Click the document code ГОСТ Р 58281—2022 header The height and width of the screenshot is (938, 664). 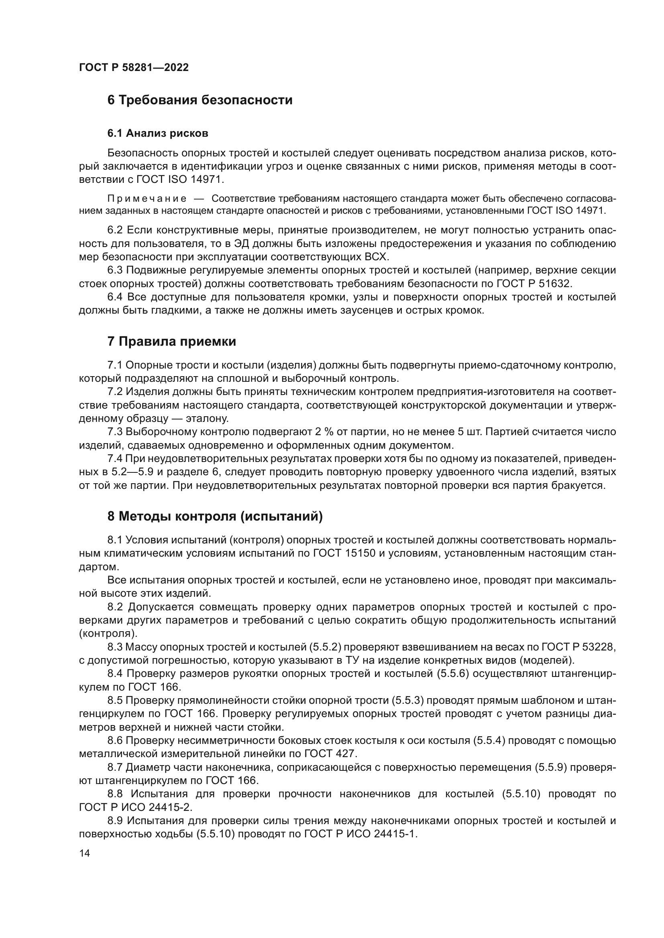[134, 68]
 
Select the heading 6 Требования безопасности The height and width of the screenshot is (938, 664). [200, 100]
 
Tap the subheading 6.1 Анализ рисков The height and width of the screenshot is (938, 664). [158, 133]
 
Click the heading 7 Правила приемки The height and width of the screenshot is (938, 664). [172, 342]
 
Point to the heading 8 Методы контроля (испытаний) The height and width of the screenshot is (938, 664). [215, 517]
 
